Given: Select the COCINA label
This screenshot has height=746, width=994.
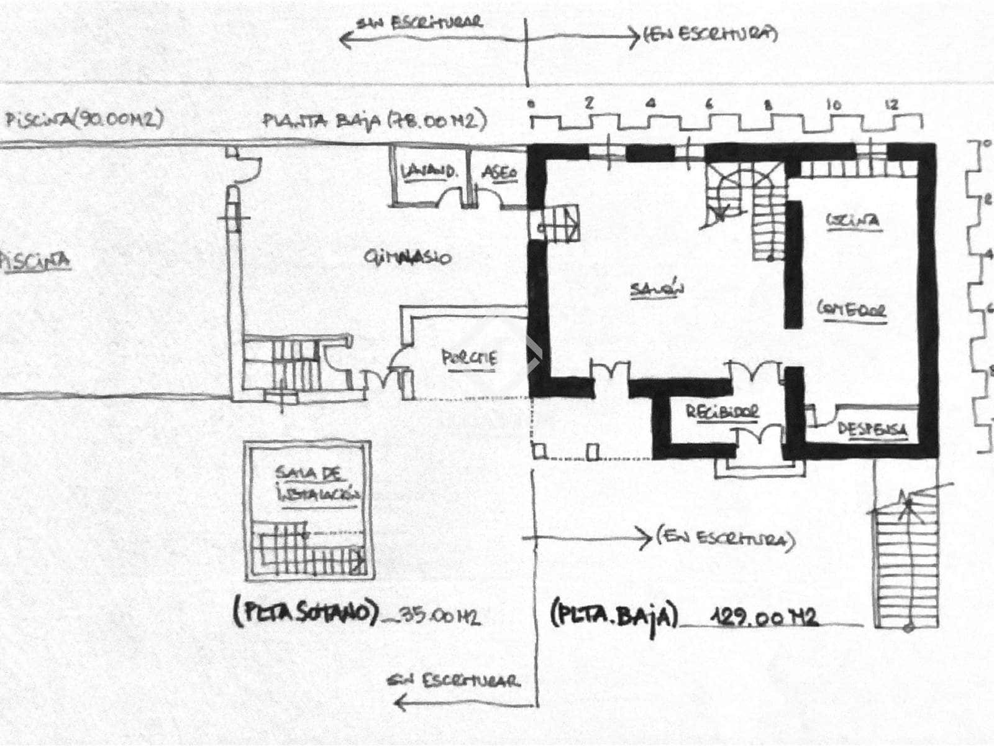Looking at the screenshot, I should tap(853, 220).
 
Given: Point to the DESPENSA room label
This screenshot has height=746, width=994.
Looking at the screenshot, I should tap(872, 429).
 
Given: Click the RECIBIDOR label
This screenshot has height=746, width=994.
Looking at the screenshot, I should tap(722, 412).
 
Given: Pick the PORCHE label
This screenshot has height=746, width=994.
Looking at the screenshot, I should tap(469, 357).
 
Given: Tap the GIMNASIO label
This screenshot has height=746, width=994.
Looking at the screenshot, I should tap(407, 257).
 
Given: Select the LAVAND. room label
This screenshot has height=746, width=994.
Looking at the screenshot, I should tap(427, 171).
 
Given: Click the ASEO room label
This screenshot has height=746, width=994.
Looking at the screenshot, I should tap(499, 173).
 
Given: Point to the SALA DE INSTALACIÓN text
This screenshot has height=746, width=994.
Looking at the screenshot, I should tap(317, 485).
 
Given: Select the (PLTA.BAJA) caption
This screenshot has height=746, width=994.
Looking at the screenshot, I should tap(612, 615).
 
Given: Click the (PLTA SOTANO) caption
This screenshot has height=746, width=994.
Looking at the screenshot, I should tap(306, 614).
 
